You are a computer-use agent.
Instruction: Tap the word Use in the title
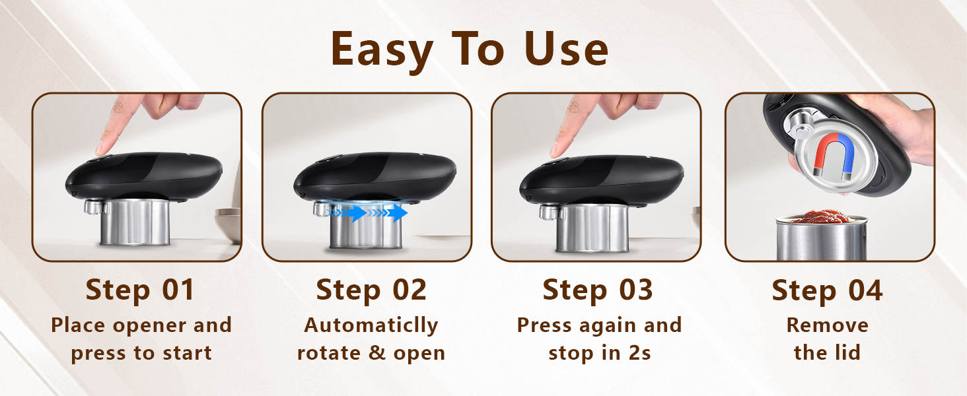click(566, 50)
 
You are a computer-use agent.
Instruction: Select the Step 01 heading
click(141, 290)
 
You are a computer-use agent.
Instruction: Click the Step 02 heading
click(371, 290)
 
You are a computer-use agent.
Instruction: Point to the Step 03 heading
click(598, 290)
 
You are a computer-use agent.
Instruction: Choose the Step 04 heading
click(827, 290)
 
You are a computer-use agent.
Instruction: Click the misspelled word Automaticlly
click(371, 325)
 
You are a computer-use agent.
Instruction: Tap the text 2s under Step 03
click(637, 352)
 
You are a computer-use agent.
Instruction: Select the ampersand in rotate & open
click(378, 353)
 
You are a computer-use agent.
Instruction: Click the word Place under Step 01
click(77, 325)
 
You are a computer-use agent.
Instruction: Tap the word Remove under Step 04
click(827, 325)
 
